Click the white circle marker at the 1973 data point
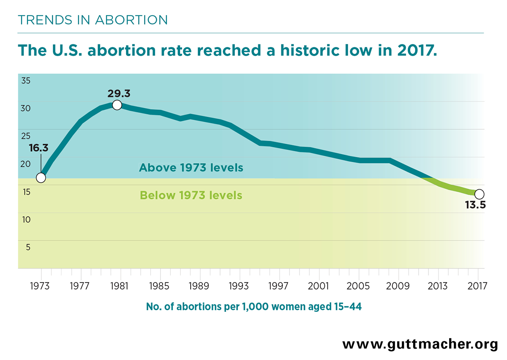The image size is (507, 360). [x=41, y=178]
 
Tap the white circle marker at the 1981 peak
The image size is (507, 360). [x=117, y=105]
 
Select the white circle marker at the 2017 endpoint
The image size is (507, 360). [x=480, y=194]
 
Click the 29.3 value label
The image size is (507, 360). [x=119, y=93]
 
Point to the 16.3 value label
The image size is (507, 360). [x=38, y=148]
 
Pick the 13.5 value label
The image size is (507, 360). [x=476, y=205]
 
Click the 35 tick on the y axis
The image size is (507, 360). [x=26, y=81]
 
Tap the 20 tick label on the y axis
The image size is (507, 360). [x=25, y=164]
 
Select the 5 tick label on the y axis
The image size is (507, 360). [x=28, y=247]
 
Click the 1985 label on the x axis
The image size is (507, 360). [x=159, y=286]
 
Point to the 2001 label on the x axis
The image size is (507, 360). [x=318, y=286]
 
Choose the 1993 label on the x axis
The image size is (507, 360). [x=239, y=286]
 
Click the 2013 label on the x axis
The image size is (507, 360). [x=438, y=286]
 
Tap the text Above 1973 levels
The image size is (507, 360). [x=191, y=168]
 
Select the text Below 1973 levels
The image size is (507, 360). [x=191, y=195]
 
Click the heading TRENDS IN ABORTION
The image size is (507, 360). [x=93, y=20]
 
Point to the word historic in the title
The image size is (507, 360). [x=310, y=50]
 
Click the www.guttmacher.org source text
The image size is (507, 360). [x=420, y=345]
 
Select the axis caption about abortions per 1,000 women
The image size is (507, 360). [x=254, y=307]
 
